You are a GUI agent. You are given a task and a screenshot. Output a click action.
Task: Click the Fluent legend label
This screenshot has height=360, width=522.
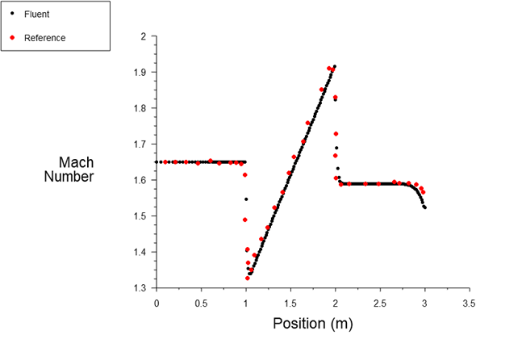pyautogui.click(x=36, y=15)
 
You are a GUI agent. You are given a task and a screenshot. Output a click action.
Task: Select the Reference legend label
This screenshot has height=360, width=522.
pyautogui.click(x=45, y=38)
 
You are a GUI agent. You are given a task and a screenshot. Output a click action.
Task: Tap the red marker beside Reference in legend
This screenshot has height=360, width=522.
pyautogui.click(x=12, y=38)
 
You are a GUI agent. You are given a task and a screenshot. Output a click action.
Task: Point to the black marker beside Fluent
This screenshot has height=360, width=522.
pyautogui.click(x=12, y=15)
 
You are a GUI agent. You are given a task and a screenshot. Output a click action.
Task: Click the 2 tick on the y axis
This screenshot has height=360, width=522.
pyautogui.click(x=143, y=36)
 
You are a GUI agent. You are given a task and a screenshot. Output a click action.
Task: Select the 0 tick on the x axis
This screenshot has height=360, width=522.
pyautogui.click(x=157, y=303)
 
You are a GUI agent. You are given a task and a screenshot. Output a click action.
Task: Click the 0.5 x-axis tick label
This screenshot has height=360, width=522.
pyautogui.click(x=201, y=303)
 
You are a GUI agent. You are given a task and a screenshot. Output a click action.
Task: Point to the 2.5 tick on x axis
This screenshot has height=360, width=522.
pyautogui.click(x=379, y=303)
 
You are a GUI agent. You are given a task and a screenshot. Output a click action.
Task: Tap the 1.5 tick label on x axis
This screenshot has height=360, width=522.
pyautogui.click(x=290, y=303)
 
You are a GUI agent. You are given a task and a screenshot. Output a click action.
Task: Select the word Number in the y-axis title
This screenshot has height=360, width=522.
pyautogui.click(x=69, y=177)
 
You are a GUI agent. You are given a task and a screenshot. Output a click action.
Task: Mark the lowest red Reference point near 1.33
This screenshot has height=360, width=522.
pyautogui.click(x=247, y=278)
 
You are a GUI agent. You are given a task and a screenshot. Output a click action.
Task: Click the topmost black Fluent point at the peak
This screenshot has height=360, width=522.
pyautogui.click(x=334, y=66)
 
